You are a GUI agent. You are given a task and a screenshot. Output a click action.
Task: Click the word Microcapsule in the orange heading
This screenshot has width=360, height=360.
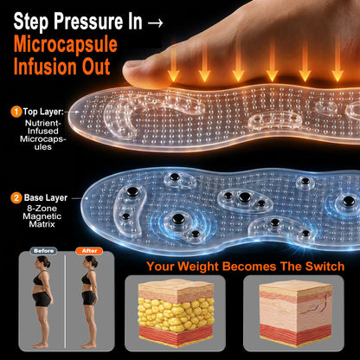tap(66, 45)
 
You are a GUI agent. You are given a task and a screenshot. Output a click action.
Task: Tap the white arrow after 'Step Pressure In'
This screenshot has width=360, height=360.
tap(155, 22)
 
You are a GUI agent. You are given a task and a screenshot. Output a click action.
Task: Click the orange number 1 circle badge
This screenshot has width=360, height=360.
tap(16, 112)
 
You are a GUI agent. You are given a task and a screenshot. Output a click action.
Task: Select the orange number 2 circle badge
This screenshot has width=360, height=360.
tap(16, 198)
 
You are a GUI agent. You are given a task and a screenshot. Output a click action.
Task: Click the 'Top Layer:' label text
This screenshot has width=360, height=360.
tap(43, 112)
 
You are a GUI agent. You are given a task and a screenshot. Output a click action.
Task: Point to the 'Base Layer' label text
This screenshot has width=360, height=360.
tap(46, 198)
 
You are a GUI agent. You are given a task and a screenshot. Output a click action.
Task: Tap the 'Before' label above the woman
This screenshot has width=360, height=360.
tap(43, 251)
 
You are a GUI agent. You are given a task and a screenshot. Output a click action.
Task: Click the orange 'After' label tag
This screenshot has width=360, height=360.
tap(89, 251)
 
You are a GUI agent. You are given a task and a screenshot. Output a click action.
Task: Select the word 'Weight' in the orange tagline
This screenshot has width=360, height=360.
tap(197, 267)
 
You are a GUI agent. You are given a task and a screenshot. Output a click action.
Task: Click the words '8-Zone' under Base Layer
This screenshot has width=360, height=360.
tap(42, 209)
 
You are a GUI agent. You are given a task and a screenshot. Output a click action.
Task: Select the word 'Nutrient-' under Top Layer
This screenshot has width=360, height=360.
tap(43, 123)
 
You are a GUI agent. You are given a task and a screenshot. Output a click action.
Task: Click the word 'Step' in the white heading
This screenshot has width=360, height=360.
tap(31, 22)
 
